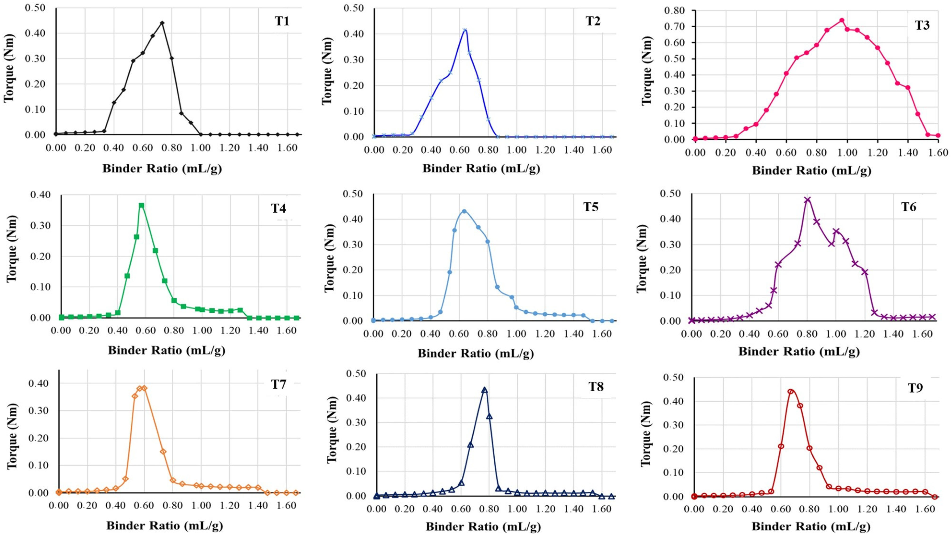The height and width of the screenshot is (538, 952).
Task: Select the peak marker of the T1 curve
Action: (162, 23)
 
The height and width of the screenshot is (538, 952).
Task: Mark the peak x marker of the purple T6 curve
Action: (807, 200)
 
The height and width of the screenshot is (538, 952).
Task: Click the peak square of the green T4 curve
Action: (141, 205)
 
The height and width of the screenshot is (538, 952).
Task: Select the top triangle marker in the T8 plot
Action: (484, 390)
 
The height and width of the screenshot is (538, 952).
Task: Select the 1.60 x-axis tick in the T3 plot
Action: (938, 153)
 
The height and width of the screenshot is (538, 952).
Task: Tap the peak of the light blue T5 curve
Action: (464, 211)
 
